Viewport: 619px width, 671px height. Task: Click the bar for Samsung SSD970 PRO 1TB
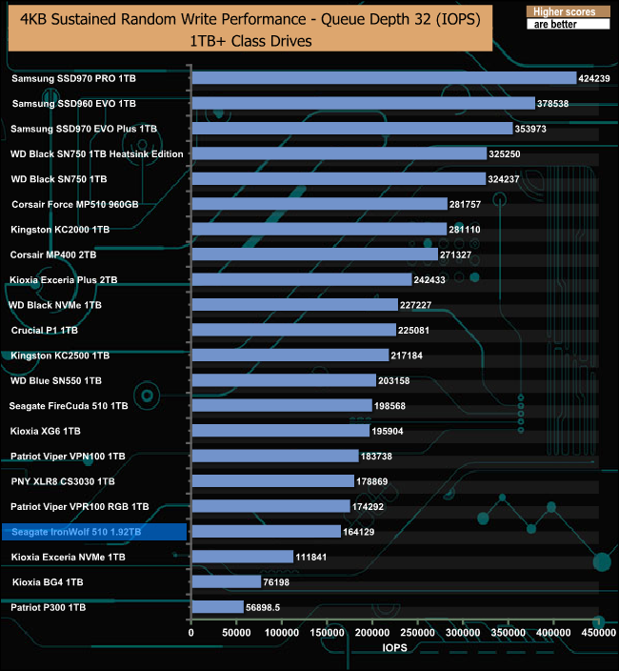tap(384, 78)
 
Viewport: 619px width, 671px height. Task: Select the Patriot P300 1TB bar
tap(218, 607)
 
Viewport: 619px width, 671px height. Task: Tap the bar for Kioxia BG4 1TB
tap(227, 581)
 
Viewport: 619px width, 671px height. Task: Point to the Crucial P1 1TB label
tap(45, 330)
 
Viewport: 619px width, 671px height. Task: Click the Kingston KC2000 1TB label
tap(60, 230)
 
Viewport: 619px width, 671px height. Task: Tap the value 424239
tap(600, 78)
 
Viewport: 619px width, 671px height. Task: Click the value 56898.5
tap(270, 607)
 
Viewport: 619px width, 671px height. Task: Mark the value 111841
tap(316, 557)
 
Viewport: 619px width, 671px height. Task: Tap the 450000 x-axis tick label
tap(598, 632)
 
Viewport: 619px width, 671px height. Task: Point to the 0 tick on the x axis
tap(191, 632)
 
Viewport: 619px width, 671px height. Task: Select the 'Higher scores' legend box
tap(566, 11)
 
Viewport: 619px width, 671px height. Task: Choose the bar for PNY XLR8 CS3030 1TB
tap(276, 481)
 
